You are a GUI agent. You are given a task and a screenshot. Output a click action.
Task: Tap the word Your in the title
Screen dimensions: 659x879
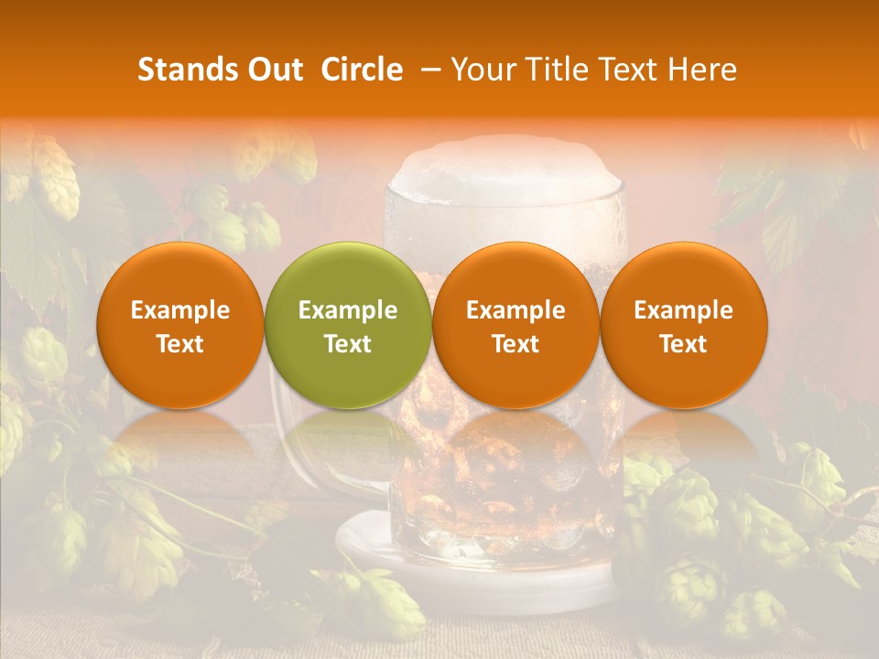[x=480, y=70]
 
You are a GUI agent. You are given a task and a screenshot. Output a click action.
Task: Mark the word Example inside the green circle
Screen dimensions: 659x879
[x=348, y=310]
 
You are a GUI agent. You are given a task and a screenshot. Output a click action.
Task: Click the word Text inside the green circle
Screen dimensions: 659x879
[x=348, y=344]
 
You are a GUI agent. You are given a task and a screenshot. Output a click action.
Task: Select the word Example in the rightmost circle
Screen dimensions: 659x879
[x=683, y=310]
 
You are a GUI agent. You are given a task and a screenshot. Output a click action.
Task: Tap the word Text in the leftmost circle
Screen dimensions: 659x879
[x=179, y=344]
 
